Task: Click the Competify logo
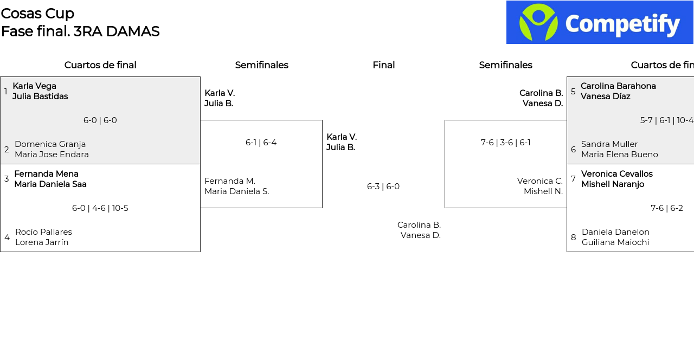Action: click(x=600, y=22)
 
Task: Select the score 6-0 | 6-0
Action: click(x=100, y=120)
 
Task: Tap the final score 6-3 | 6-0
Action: click(x=383, y=187)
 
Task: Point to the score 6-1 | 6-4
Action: click(x=261, y=143)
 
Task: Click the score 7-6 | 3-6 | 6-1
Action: click(x=506, y=143)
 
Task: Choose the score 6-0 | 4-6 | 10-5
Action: click(x=100, y=208)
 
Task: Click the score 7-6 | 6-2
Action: click(x=667, y=208)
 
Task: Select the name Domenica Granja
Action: click(x=50, y=144)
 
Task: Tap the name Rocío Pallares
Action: click(x=44, y=232)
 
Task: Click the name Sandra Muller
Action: click(x=609, y=144)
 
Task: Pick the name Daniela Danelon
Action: click(x=615, y=232)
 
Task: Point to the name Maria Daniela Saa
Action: click(x=50, y=184)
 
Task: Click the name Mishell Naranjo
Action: click(x=613, y=184)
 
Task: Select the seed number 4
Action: click(x=7, y=237)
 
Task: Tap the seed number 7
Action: click(x=573, y=179)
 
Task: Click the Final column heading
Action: click(x=383, y=65)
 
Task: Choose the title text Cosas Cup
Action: click(x=37, y=14)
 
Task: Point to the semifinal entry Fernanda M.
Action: click(x=230, y=181)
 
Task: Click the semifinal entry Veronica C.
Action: click(x=539, y=181)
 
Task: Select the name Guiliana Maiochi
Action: click(x=615, y=242)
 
